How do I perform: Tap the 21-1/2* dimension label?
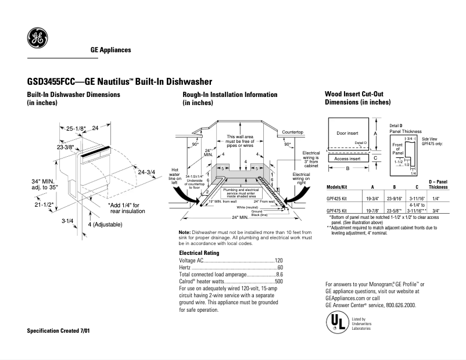click(x=44, y=204)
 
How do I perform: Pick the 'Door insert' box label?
click(x=348, y=133)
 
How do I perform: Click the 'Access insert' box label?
click(x=347, y=158)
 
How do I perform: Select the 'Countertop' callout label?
click(x=293, y=132)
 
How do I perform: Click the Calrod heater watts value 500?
click(x=278, y=281)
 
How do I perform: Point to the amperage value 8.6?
click(x=279, y=274)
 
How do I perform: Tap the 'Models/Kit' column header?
click(x=338, y=188)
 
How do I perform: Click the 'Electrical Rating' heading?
click(x=199, y=253)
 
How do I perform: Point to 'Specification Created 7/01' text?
click(x=59, y=330)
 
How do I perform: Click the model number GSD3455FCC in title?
click(x=52, y=82)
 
